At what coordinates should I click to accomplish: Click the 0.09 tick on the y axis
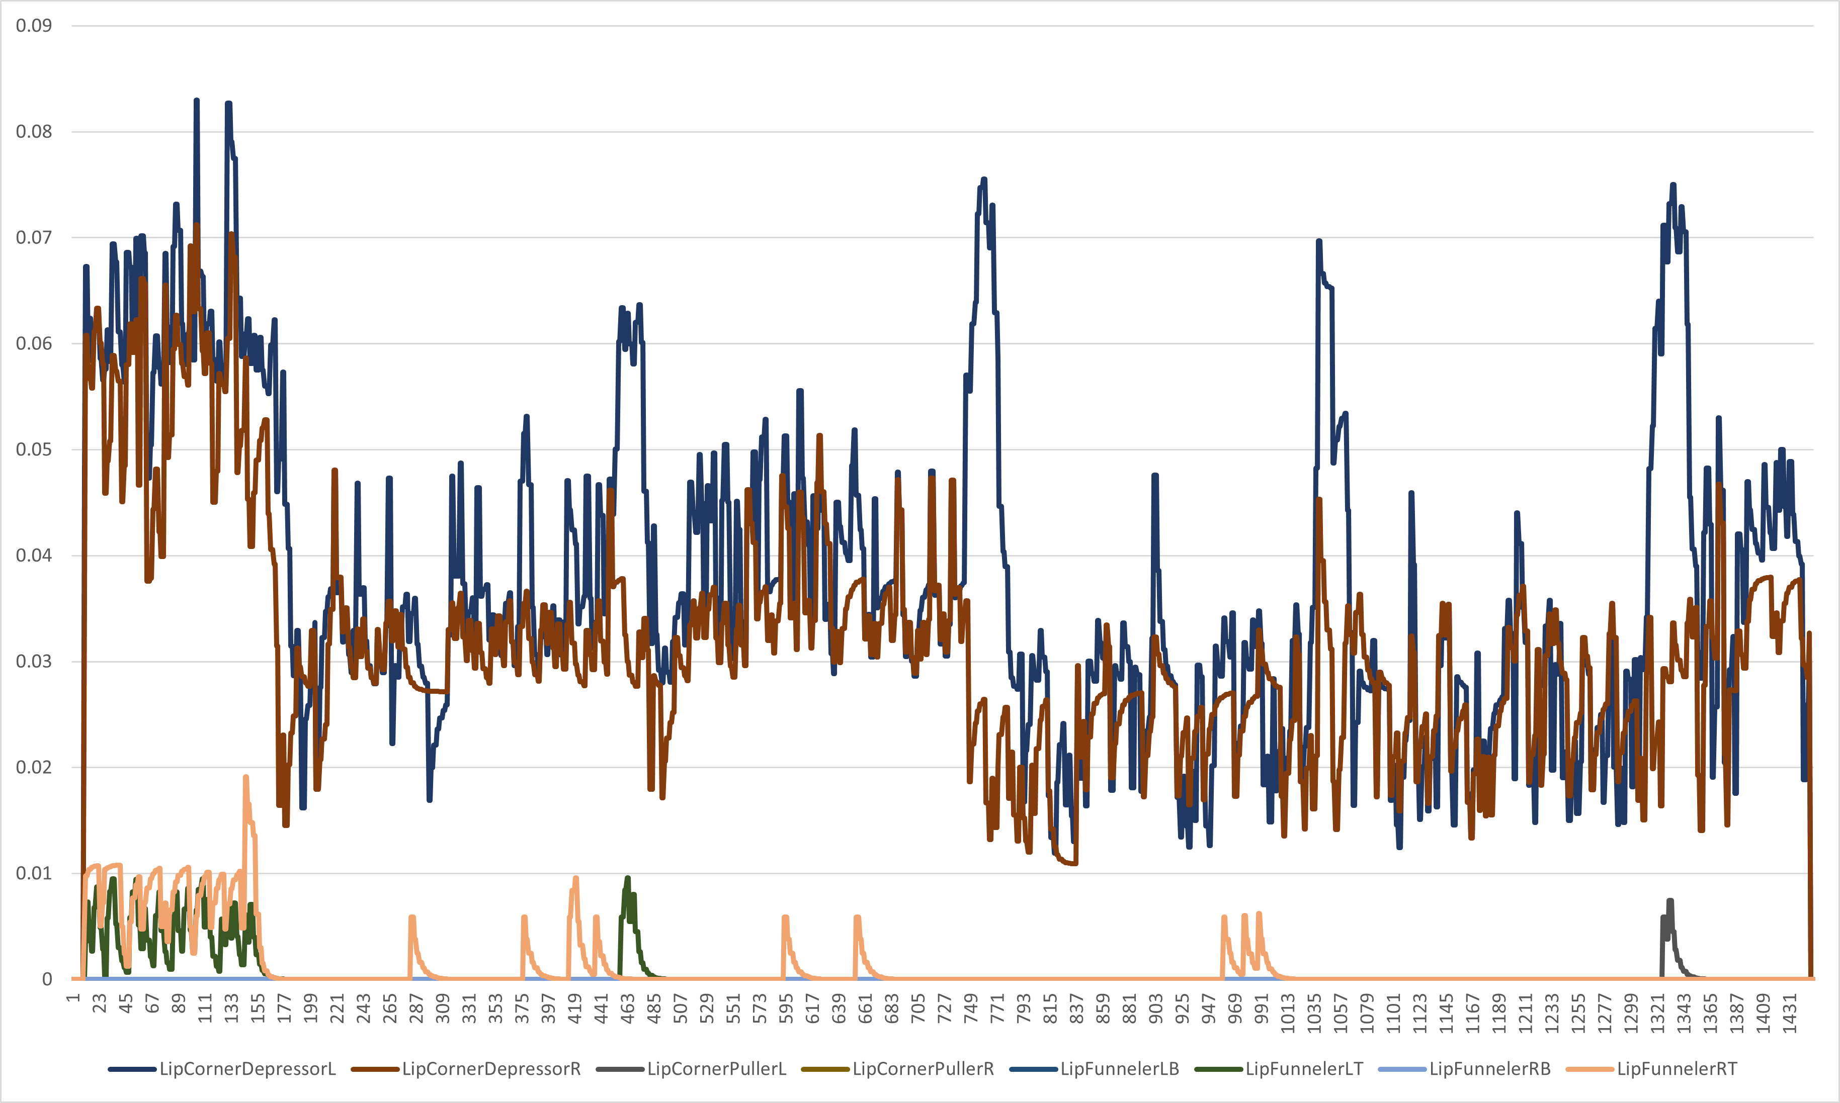[34, 26]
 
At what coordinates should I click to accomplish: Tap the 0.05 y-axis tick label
[34, 449]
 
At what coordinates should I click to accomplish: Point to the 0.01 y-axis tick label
[34, 873]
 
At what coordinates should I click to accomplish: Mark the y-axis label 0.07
[34, 238]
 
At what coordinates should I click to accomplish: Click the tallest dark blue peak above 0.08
[196, 101]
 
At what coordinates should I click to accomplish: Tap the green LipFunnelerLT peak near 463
[627, 879]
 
